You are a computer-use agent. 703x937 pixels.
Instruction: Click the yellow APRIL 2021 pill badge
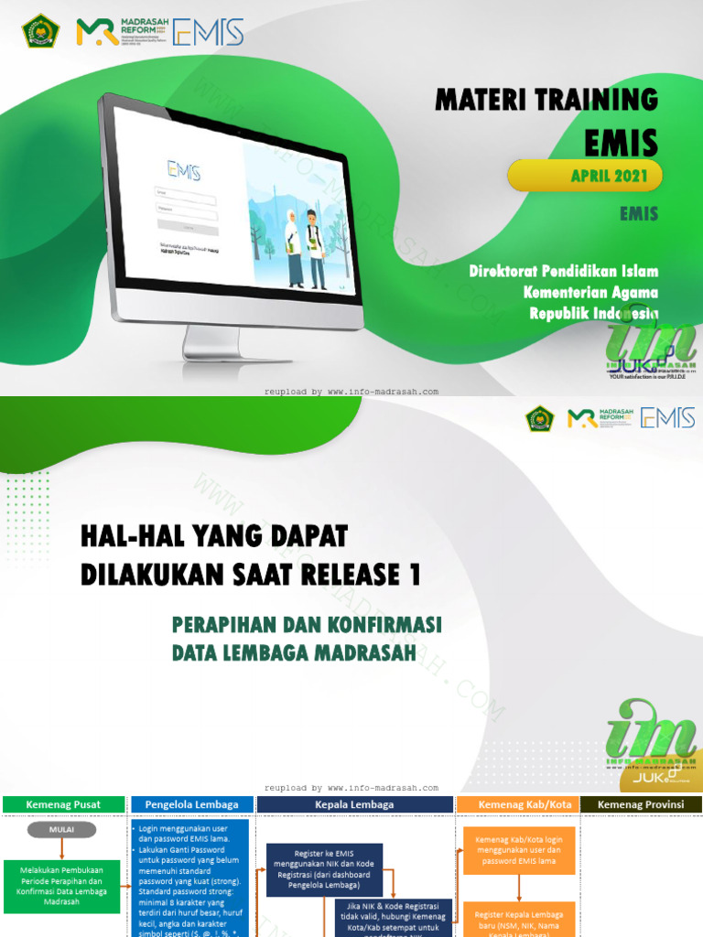coord(585,175)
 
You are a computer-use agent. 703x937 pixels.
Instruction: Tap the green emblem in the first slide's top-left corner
coord(39,31)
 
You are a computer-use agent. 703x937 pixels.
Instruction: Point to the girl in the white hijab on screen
coord(293,246)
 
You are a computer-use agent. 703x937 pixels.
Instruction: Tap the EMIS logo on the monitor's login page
coord(183,169)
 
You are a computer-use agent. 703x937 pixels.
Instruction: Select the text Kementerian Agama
coord(590,292)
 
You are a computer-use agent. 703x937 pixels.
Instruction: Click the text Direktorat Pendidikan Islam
coord(563,271)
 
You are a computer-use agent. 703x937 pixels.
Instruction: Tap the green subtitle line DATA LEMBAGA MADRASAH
coord(294,652)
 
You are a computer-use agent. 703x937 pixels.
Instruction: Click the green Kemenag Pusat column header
coord(63,804)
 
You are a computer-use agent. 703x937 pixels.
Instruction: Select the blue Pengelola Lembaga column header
coord(191,804)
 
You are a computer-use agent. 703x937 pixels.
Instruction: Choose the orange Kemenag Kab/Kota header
coord(518,804)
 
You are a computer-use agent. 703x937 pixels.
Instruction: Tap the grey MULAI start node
coord(61,830)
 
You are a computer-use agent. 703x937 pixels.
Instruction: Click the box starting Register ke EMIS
coord(327,867)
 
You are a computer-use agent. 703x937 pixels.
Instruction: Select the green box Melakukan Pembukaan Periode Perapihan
coord(61,885)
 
